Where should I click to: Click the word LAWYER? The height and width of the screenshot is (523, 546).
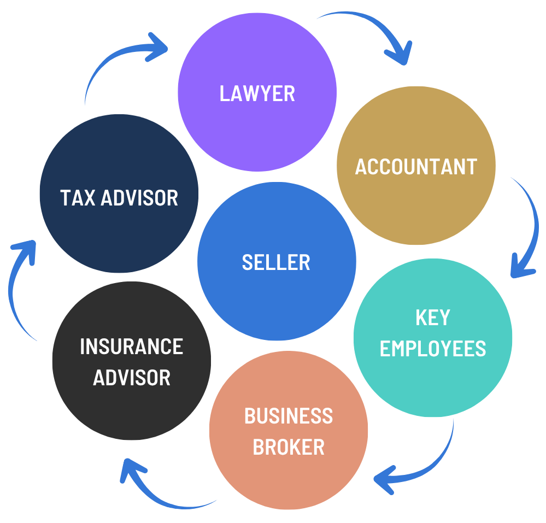pos(257,93)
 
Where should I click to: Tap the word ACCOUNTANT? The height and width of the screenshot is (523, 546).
pos(416,167)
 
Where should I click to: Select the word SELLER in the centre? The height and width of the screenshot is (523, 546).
pos(276,263)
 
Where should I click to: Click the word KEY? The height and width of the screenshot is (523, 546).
pos(432,318)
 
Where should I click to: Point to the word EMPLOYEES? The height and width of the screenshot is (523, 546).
pos(432,349)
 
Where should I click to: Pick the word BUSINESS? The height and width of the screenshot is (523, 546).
pos(288,416)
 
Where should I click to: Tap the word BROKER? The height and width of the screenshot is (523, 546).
pos(288,448)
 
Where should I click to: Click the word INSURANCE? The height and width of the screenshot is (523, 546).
pos(131,346)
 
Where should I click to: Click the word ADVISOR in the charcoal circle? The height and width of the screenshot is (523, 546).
pos(131,378)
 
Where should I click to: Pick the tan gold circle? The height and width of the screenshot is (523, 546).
pos(416,208)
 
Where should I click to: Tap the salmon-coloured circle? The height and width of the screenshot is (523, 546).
pos(288,481)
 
